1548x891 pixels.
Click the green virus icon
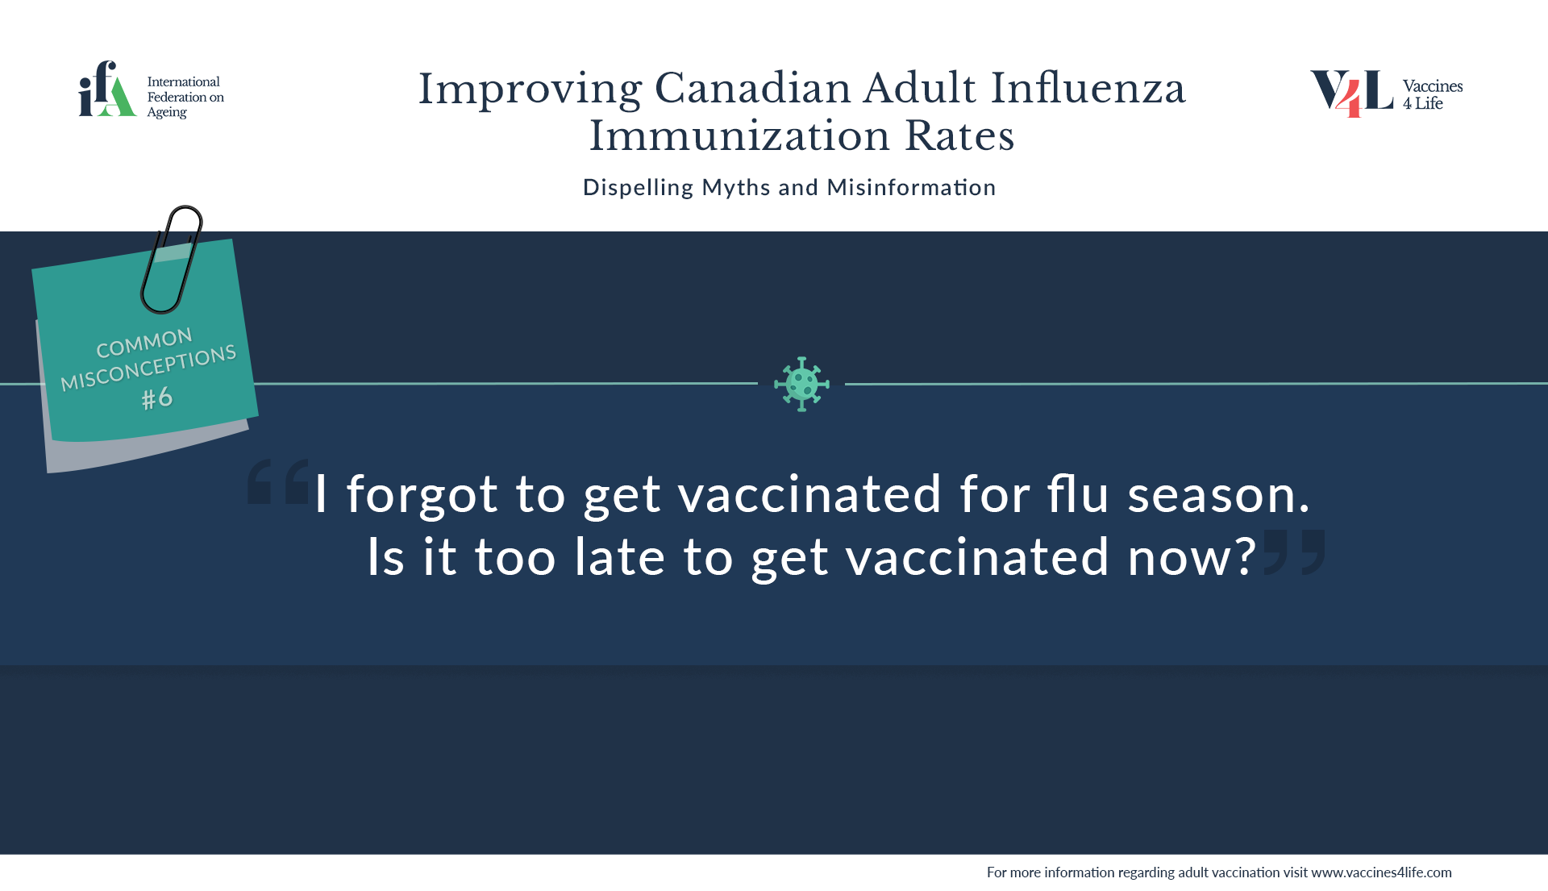(801, 384)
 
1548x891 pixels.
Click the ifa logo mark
(106, 90)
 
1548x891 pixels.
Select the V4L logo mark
(1351, 93)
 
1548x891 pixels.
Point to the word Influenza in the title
(1088, 88)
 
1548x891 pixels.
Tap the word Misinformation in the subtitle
(911, 187)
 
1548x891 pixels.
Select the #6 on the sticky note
(157, 398)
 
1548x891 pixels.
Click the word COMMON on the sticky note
(144, 343)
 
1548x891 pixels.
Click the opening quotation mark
(278, 481)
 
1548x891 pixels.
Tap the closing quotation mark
(1294, 552)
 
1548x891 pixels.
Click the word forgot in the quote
(422, 494)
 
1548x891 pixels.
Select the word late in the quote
(620, 556)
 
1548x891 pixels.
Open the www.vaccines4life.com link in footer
(1381, 872)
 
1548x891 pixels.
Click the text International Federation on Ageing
(185, 97)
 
